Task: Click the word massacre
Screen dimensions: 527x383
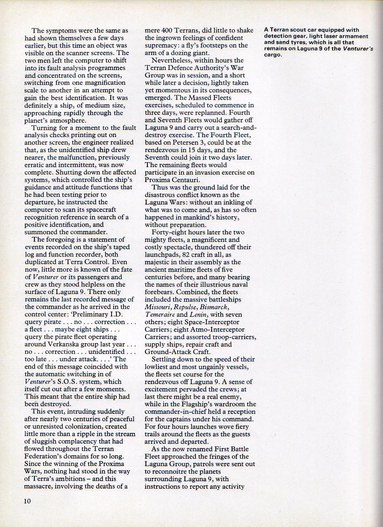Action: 38,486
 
